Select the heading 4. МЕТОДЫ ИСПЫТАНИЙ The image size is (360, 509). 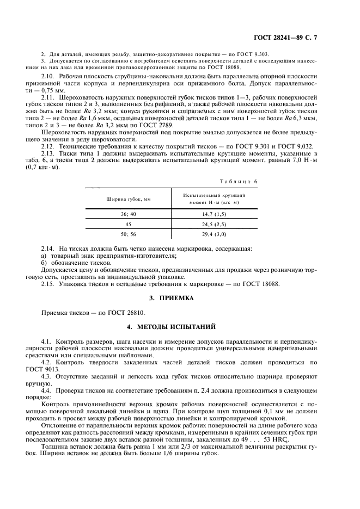(x=180, y=327)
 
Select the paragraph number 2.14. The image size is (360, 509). (x=49, y=249)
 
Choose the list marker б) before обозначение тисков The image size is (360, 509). (x=44, y=263)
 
